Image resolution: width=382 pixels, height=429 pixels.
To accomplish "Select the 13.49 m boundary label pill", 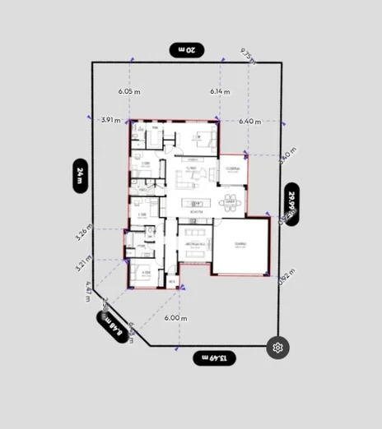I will point(215,357).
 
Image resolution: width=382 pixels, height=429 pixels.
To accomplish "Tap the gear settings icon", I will point(278,348).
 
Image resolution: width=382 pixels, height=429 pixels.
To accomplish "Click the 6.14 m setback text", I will point(220,91).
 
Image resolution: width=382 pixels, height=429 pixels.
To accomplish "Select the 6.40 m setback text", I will point(250,121).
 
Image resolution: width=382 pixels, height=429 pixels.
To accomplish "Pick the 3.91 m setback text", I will point(111,120).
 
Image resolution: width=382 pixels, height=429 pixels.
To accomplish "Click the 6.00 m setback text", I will point(175,317).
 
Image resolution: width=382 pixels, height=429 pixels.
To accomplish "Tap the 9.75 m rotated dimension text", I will point(247,55).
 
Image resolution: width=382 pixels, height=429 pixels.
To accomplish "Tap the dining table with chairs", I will point(230,201).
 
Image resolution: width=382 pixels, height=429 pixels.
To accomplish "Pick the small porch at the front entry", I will point(173,281).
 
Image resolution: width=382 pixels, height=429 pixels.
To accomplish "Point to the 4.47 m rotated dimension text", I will point(89,290).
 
